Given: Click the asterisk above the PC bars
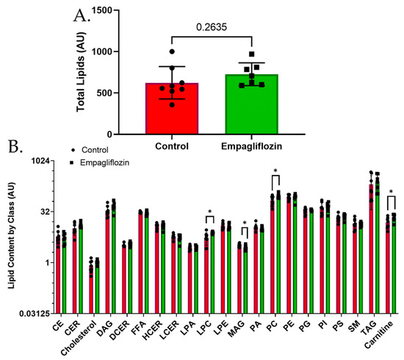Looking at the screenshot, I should click(x=275, y=172).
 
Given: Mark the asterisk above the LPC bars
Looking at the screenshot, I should click(x=209, y=213).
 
